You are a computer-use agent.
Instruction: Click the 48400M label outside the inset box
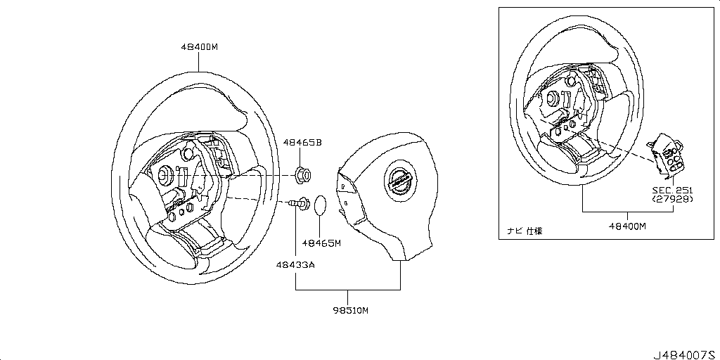pyautogui.click(x=199, y=47)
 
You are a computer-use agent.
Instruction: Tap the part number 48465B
pyautogui.click(x=302, y=143)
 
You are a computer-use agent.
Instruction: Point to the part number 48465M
pyautogui.click(x=321, y=243)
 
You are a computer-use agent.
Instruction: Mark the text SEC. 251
pyautogui.click(x=672, y=190)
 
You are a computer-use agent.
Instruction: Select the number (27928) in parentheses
pyautogui.click(x=672, y=199)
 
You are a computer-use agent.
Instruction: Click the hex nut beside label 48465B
pyautogui.click(x=304, y=173)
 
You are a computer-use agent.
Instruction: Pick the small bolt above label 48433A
pyautogui.click(x=300, y=204)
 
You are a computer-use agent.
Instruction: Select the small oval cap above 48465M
pyautogui.click(x=320, y=205)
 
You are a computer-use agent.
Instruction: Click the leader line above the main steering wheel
pyautogui.click(x=199, y=62)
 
